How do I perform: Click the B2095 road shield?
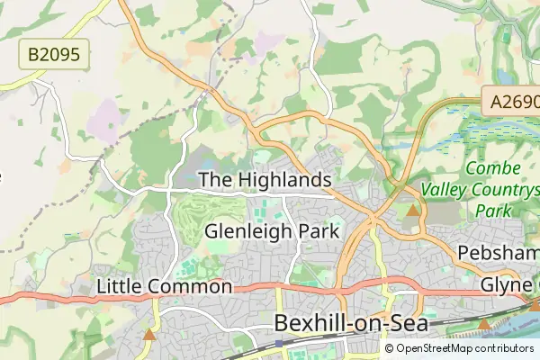(53, 56)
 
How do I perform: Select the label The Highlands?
(265, 181)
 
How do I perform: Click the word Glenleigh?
(246, 231)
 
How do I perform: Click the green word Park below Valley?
(492, 211)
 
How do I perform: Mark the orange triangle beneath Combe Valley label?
(413, 211)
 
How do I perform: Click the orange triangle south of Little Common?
(149, 335)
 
